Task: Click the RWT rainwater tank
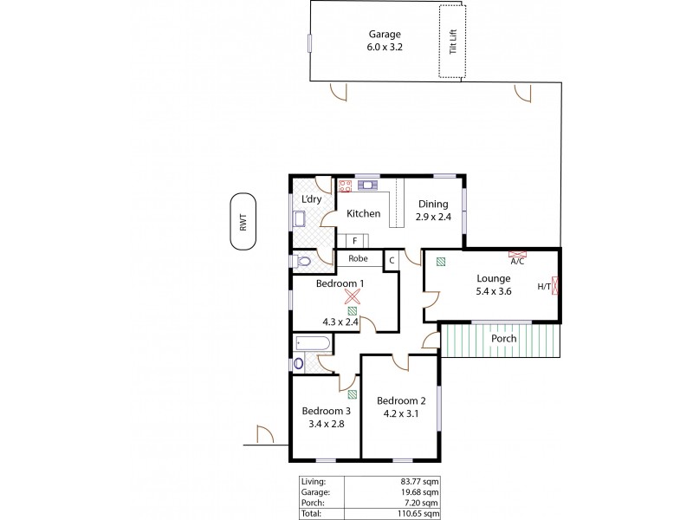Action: point(243,223)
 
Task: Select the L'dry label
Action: point(310,199)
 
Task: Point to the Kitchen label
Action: point(363,213)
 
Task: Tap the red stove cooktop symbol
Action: point(343,185)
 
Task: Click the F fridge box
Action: point(353,240)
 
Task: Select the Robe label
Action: point(358,258)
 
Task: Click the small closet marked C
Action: point(392,258)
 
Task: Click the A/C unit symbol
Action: point(517,255)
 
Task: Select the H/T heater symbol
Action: point(555,286)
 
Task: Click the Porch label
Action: point(503,338)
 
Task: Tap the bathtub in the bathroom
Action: point(312,345)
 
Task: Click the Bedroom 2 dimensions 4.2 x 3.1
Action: point(401,414)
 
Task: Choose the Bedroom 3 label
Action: point(326,411)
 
